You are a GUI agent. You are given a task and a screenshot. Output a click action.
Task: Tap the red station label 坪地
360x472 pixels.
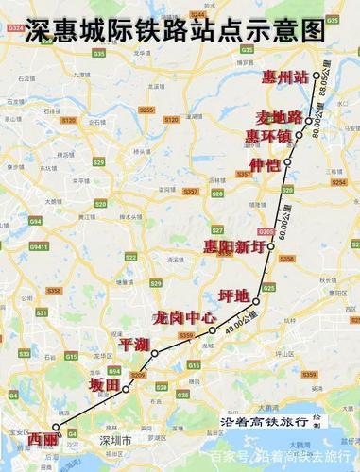pos(232,295)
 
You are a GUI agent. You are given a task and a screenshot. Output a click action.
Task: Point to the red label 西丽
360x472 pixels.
pos(43,440)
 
